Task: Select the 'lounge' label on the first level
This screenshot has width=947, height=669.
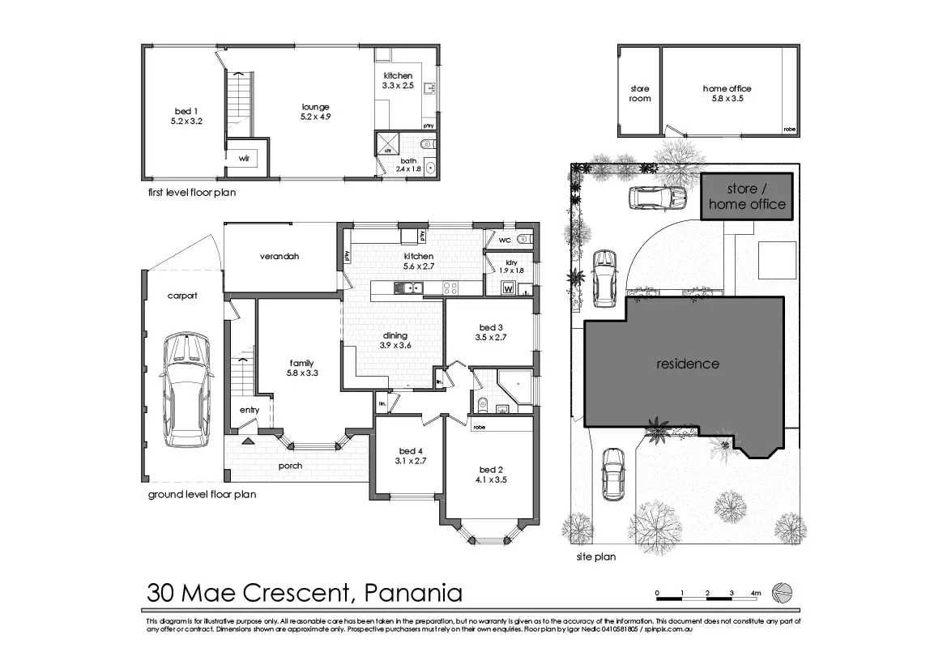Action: (x=315, y=107)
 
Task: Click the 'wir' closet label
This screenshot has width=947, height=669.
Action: (x=243, y=159)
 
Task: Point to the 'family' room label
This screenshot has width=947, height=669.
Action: (x=301, y=363)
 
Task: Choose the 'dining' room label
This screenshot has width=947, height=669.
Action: (x=395, y=335)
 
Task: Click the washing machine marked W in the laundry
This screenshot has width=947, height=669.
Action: (x=509, y=288)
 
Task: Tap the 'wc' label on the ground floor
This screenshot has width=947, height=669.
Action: (x=505, y=241)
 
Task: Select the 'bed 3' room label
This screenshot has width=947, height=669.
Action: (x=490, y=327)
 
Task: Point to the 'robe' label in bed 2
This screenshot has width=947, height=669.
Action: (x=479, y=427)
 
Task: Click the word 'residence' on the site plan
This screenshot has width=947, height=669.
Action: (x=687, y=364)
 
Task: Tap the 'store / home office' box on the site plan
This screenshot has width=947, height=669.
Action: (x=747, y=197)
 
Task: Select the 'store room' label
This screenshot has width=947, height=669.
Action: (x=640, y=93)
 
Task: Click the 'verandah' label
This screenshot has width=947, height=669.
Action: (x=279, y=256)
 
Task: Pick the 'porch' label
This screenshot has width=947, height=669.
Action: (x=290, y=466)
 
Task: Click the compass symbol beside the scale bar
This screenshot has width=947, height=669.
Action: (x=783, y=593)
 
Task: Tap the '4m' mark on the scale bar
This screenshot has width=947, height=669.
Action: (x=756, y=593)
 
